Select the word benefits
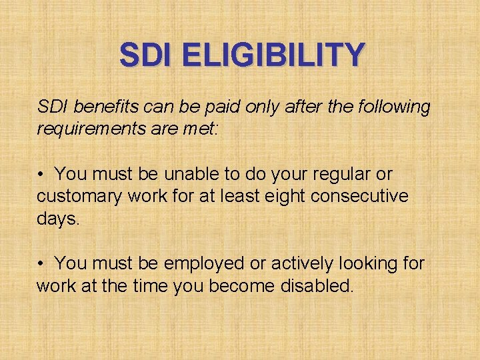pyautogui.click(x=98, y=106)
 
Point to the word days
pyautogui.click(x=58, y=219)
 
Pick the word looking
pyautogui.click(x=367, y=264)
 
